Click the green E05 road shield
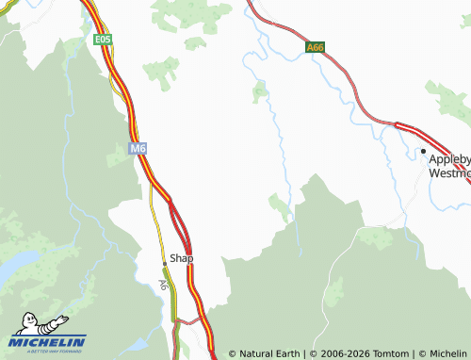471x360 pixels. [x=103, y=40]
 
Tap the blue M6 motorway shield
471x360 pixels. [x=138, y=148]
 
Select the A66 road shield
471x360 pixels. [x=315, y=46]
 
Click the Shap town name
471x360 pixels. [x=181, y=258]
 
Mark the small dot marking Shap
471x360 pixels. [x=164, y=263]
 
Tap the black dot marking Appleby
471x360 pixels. [x=423, y=151]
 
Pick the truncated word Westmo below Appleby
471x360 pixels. [x=449, y=172]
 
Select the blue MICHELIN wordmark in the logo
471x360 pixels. [x=47, y=342]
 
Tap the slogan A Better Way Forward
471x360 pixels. [x=47, y=352]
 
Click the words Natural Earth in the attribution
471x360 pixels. [x=270, y=353]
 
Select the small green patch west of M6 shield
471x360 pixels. [x=117, y=159]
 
